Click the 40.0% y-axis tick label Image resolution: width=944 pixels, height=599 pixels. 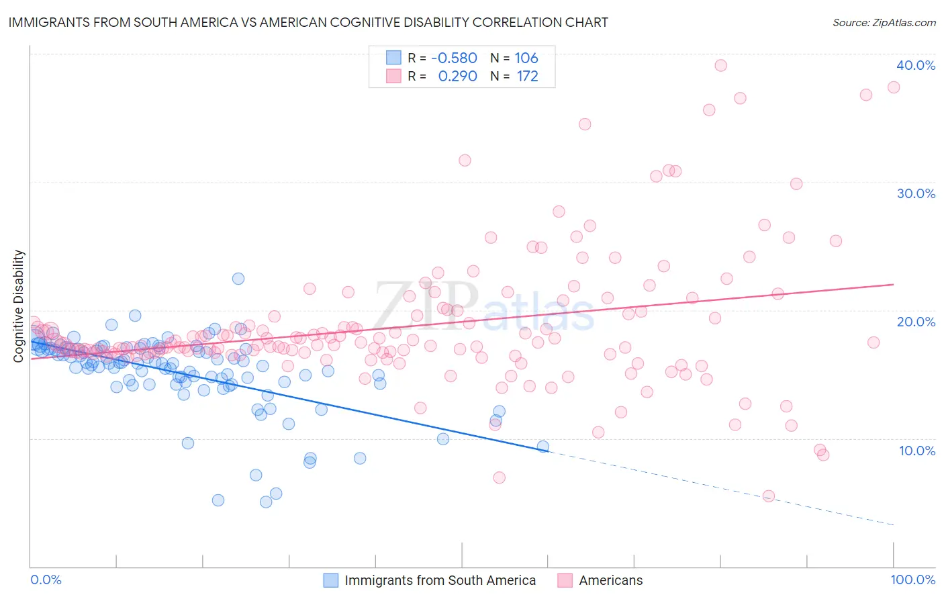pos(916,65)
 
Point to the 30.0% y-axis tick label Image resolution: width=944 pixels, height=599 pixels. pos(916,193)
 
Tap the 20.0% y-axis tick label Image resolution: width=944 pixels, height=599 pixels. pos(916,322)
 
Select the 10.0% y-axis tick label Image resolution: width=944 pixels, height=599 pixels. pos(917,451)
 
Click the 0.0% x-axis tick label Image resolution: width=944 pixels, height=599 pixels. pos(46,580)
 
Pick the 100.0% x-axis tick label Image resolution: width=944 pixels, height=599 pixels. pos(912,580)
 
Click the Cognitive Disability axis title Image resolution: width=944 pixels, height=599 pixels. pos(19,306)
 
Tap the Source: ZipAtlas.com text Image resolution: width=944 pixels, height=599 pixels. pos(884,22)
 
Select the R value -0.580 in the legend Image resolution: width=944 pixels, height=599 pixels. pos(454,58)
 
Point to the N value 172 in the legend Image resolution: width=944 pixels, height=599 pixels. pos(527,76)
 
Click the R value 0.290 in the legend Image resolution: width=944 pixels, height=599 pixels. pos(457,76)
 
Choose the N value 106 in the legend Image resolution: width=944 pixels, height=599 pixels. pos(526,58)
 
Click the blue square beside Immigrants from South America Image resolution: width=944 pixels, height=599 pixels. pos(331,580)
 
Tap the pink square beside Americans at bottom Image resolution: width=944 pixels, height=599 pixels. pos(565,580)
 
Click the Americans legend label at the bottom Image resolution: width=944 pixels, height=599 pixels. pos(610,580)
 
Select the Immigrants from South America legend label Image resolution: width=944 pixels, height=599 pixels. pos(440,580)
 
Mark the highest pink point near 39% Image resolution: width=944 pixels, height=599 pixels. pos(720,65)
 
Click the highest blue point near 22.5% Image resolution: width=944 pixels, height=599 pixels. pos(238,279)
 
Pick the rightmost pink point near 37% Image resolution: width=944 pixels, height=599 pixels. pos(894,87)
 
